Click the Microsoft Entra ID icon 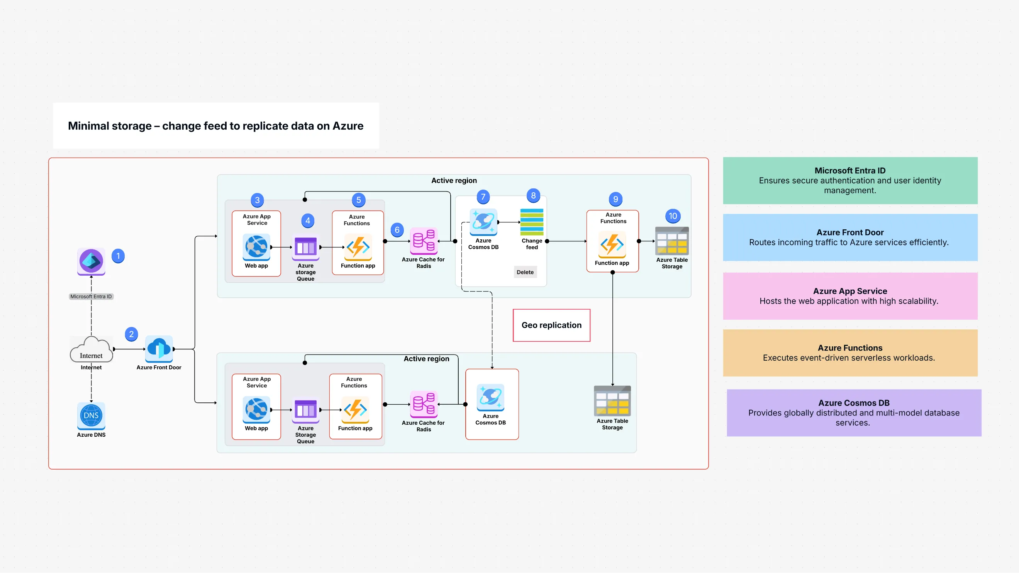coord(91,261)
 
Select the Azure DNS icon coord(91,415)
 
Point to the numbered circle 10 coord(673,216)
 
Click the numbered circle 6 coord(397,230)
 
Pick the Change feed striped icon coord(532,222)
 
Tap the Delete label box coord(525,272)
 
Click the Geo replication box coord(551,325)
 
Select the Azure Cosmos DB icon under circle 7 coord(483,222)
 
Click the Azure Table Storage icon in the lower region coord(612,401)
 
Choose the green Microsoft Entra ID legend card coord(850,181)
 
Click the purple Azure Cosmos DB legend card coord(854,413)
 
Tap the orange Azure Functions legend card coord(850,353)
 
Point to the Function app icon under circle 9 coord(612,244)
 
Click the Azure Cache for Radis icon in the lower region coord(423,404)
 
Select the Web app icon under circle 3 coord(256,247)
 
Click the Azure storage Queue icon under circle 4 coord(305,248)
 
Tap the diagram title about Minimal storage coord(215,126)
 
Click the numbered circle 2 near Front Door coord(131,334)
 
